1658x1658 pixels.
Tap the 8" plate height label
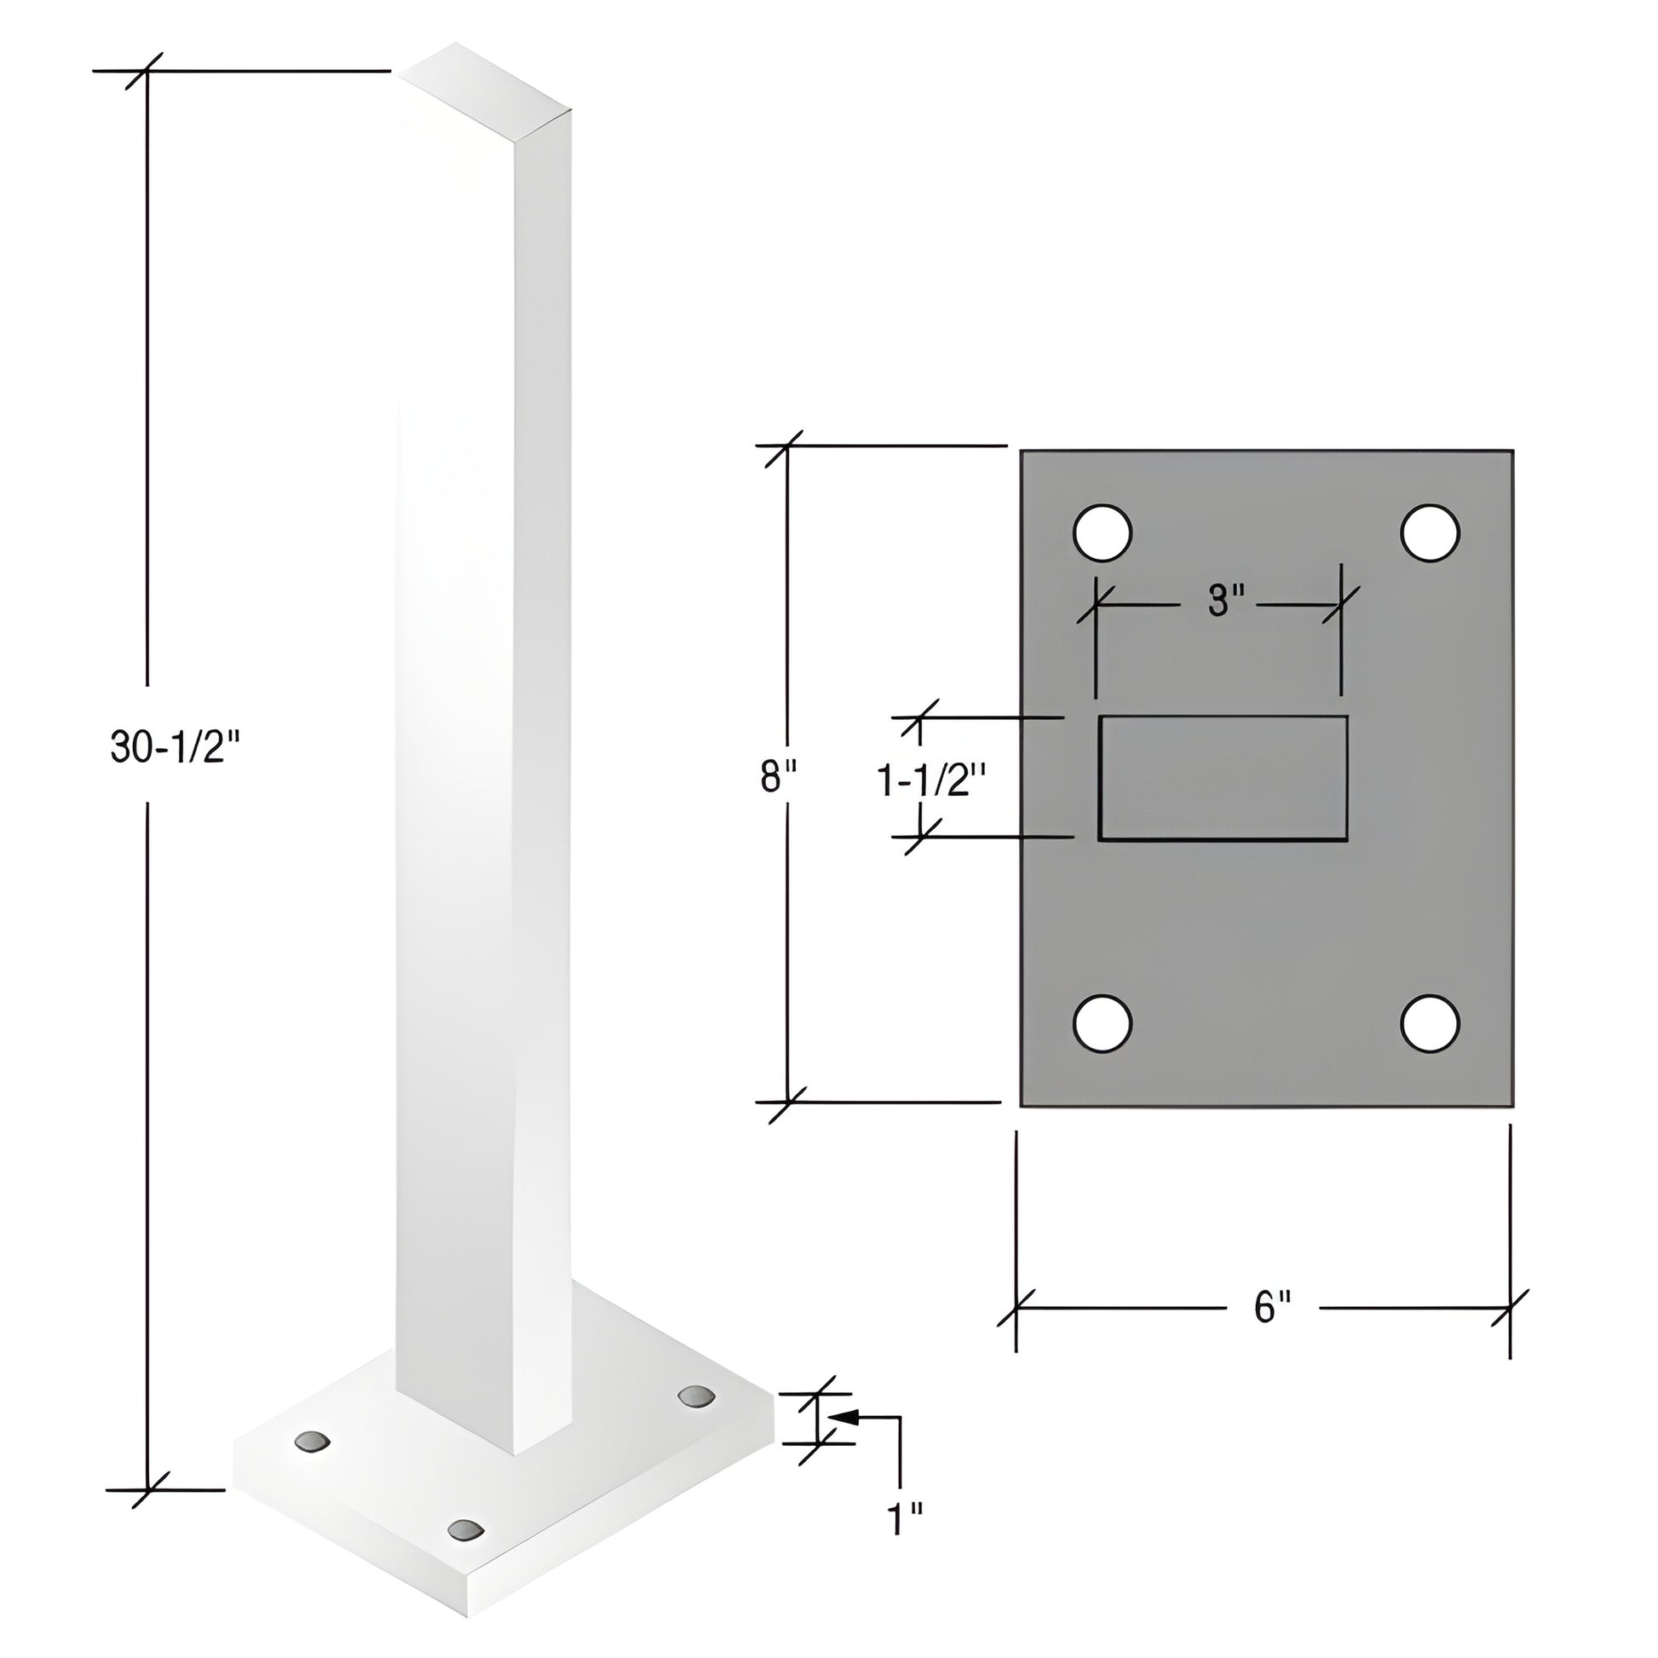click(x=779, y=778)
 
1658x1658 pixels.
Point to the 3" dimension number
click(x=1225, y=601)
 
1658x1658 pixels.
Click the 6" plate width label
click(x=1272, y=1307)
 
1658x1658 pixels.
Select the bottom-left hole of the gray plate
click(x=1102, y=1023)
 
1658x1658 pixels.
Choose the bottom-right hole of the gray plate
click(x=1430, y=1023)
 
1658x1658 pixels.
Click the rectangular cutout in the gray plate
click(x=1223, y=778)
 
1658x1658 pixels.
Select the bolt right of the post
click(x=696, y=1396)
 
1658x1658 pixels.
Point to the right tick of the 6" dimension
click(x=1511, y=1308)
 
